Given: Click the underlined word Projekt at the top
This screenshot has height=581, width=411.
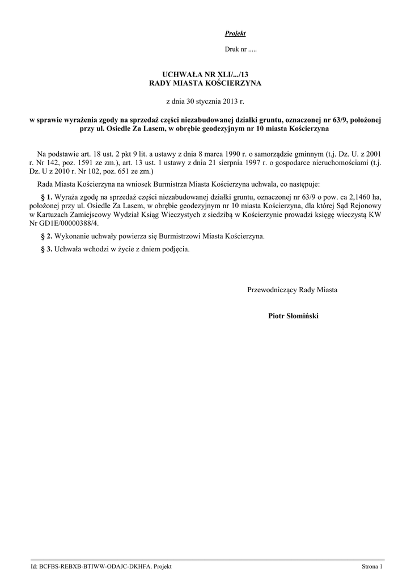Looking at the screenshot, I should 231,34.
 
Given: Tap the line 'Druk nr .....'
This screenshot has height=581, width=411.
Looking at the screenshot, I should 241,50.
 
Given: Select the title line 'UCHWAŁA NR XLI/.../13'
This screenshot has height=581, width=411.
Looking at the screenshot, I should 205,74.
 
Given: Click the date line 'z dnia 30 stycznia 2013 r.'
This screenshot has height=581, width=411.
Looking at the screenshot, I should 205,101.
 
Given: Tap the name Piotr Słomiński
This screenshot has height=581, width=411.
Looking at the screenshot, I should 293,315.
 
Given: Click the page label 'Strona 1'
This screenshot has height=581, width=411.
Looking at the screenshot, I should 373,567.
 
